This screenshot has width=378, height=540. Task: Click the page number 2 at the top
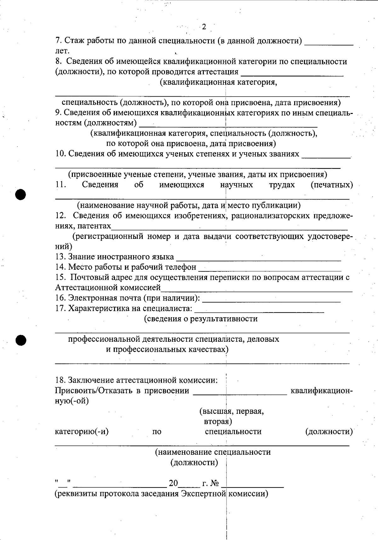pyautogui.click(x=204, y=27)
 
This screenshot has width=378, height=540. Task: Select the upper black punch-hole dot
pyautogui.click(x=21, y=194)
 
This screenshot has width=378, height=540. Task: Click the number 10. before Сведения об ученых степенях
pyautogui.click(x=60, y=154)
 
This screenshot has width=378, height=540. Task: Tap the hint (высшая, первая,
pyautogui.click(x=232, y=411)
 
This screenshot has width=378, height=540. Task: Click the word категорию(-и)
pyautogui.click(x=82, y=431)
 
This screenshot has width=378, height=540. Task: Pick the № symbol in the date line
pyautogui.click(x=215, y=483)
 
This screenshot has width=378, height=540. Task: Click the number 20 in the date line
pyautogui.click(x=173, y=483)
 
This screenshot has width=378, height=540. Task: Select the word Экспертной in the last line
pyautogui.click(x=203, y=494)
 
